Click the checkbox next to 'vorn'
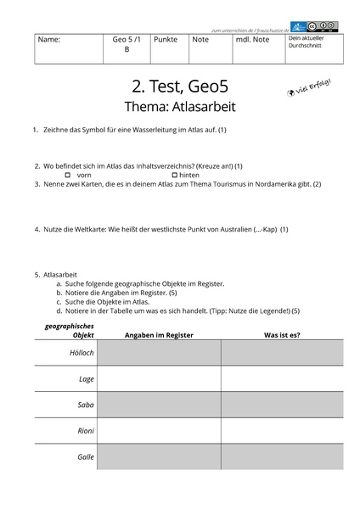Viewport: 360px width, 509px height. click(x=67, y=174)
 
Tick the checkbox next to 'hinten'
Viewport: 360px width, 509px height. click(x=174, y=174)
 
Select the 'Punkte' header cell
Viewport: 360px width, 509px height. click(x=165, y=40)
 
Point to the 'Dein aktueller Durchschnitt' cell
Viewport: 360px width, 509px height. click(x=310, y=42)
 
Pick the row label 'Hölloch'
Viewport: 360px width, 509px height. click(x=82, y=352)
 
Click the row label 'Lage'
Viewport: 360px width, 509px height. click(x=86, y=378)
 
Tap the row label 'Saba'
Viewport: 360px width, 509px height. click(x=85, y=405)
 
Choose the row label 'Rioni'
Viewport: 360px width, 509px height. click(x=85, y=431)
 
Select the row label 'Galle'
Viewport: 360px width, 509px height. click(x=85, y=457)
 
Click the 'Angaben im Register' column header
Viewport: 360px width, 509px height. click(x=159, y=334)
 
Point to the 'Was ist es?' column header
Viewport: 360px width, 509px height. click(x=282, y=334)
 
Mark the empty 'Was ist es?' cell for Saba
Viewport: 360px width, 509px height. click(x=282, y=405)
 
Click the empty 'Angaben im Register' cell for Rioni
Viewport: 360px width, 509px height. click(x=159, y=431)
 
